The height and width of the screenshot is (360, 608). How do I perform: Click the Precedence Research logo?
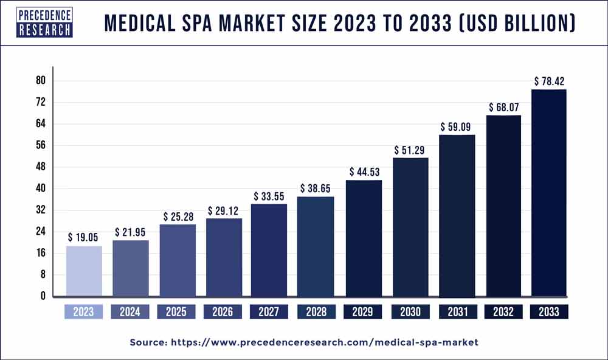(x=44, y=22)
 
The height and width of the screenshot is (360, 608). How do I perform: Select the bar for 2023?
(x=83, y=271)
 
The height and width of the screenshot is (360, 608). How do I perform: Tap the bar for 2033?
(x=550, y=193)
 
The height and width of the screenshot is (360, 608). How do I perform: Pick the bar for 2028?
(x=316, y=246)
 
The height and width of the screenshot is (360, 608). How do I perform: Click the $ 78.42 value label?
(x=550, y=81)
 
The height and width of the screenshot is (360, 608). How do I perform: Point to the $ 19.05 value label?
(x=83, y=237)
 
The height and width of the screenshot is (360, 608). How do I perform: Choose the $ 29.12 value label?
(x=223, y=210)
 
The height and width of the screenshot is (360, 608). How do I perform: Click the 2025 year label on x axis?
(x=176, y=312)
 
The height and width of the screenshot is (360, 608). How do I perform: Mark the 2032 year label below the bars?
(x=503, y=312)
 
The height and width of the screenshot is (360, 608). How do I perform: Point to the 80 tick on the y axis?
(x=41, y=80)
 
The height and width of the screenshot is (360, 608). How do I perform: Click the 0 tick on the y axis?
(x=43, y=296)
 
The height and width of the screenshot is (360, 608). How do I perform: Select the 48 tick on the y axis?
(x=41, y=167)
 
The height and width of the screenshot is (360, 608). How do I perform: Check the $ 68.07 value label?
(x=503, y=106)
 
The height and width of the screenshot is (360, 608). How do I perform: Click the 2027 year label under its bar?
(x=269, y=312)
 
